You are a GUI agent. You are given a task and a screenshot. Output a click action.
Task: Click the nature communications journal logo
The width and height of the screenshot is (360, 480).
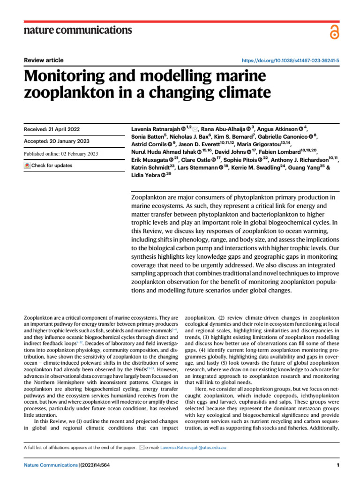(77, 30)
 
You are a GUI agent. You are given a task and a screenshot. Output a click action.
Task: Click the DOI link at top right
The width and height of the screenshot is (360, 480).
(291, 61)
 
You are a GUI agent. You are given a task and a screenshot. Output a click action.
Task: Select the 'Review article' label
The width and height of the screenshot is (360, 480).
(44, 60)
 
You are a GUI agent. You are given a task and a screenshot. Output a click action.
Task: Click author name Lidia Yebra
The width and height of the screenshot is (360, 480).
(143, 175)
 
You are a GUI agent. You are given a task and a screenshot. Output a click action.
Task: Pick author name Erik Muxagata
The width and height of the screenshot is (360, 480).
(147, 159)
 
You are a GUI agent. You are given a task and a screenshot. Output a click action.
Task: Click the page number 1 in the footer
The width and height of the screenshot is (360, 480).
(337, 465)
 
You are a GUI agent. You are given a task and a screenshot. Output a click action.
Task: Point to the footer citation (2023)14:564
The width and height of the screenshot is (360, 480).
(95, 465)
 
